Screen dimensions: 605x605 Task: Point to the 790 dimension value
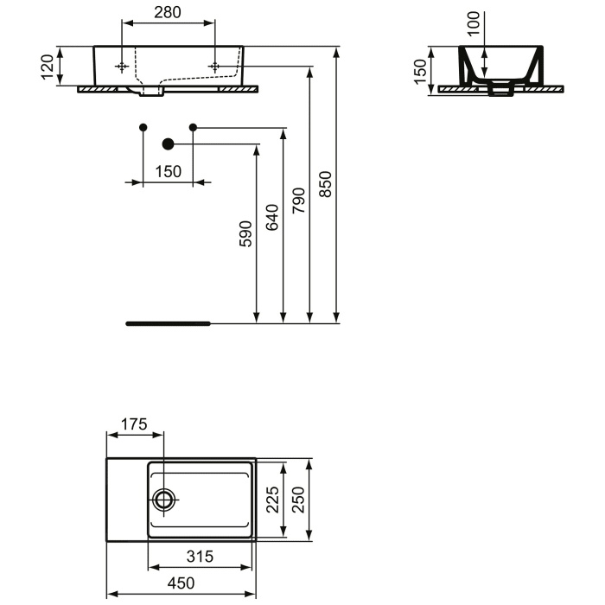click(299, 201)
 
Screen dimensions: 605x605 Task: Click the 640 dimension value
click(272, 219)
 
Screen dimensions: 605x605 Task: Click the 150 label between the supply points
click(169, 171)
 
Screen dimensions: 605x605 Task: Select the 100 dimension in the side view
click(472, 22)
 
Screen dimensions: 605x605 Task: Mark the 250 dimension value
click(298, 499)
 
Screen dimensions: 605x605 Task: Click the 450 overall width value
click(181, 583)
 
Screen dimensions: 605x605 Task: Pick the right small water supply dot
click(194, 128)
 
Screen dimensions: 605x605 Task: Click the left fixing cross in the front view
click(123, 67)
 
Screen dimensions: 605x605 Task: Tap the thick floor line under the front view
click(169, 323)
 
